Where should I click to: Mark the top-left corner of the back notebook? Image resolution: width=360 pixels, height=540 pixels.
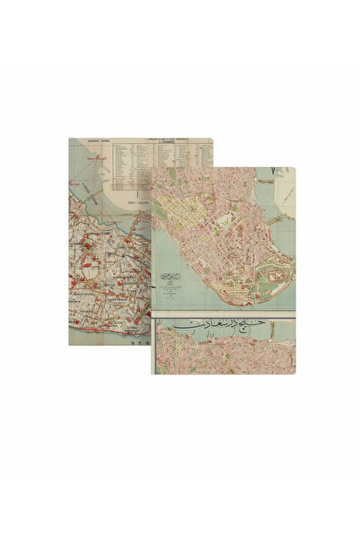[70, 138]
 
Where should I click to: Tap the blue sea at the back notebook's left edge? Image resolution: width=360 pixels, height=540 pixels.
[76, 180]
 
